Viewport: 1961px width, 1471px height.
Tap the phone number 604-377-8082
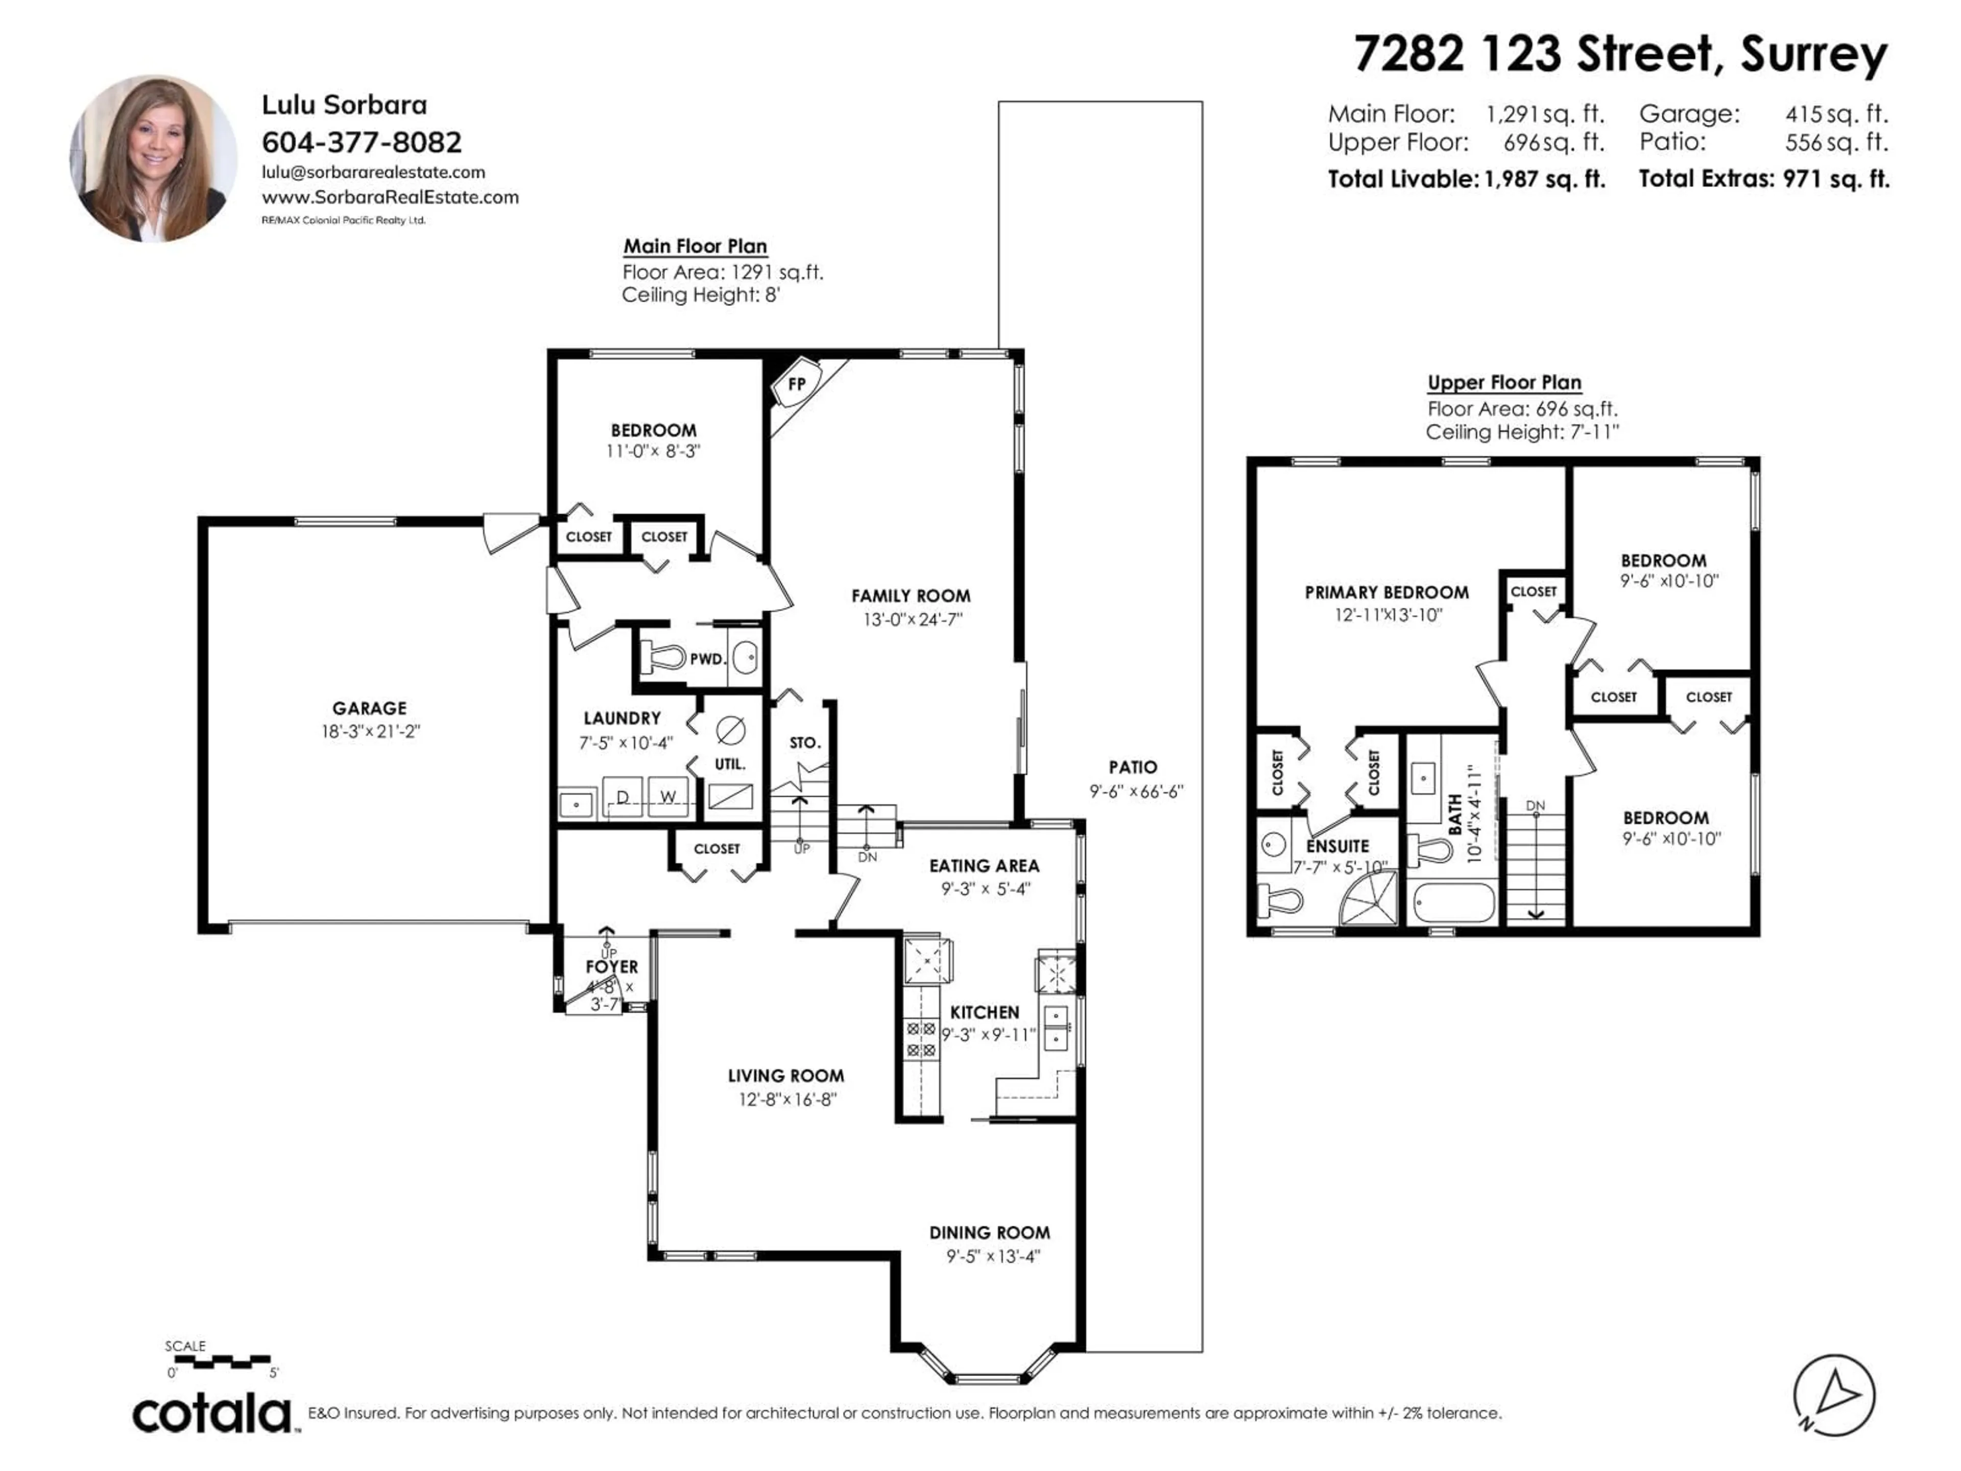tap(362, 142)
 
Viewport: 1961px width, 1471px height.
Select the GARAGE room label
tap(370, 707)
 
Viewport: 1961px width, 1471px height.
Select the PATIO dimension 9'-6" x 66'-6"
tap(1136, 791)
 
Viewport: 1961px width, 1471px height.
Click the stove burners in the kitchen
tap(920, 1039)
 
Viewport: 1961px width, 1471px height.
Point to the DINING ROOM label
tap(989, 1232)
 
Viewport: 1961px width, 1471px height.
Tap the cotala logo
tap(213, 1413)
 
